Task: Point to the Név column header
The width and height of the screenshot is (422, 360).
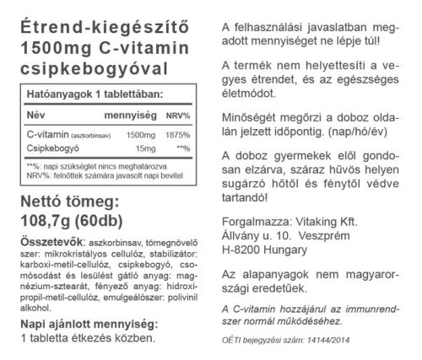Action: pos(38,115)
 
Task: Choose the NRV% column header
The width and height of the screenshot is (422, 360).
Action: pos(177,115)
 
